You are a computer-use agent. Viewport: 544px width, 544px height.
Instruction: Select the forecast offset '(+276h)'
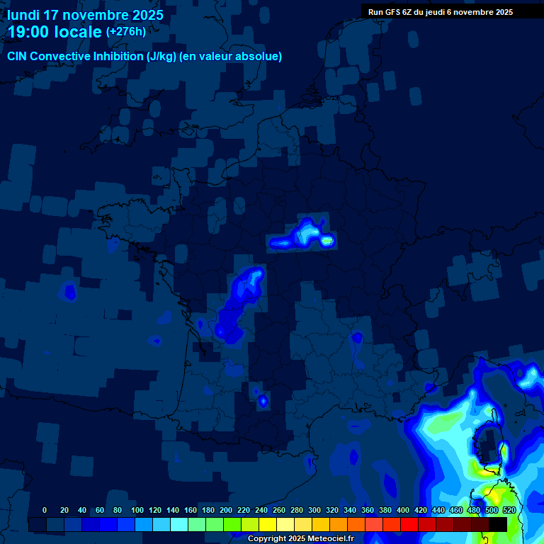(126, 31)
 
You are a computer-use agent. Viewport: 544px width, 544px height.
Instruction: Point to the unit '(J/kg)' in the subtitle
(161, 57)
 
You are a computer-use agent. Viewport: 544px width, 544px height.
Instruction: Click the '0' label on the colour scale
(45, 510)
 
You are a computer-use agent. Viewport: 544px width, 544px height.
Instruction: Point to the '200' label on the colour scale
(226, 510)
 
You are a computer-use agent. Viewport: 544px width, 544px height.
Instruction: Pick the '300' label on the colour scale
(314, 510)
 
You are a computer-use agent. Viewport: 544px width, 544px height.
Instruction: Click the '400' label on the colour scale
(403, 510)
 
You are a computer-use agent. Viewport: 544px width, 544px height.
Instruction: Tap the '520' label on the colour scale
(509, 510)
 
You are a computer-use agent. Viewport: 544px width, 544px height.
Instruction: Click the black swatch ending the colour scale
(498, 524)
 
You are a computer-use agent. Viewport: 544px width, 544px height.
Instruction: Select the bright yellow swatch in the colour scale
(268, 524)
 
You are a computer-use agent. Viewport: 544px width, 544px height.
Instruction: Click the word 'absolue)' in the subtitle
(260, 57)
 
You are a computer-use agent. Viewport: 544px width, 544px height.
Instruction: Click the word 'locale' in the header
(76, 33)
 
